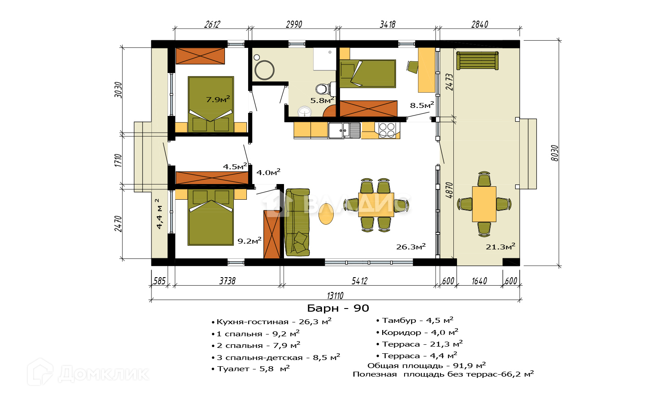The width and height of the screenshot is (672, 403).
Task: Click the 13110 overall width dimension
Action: tap(335, 296)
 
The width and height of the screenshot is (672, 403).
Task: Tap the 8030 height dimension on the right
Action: tap(555, 153)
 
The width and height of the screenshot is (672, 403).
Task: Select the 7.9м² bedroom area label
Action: tap(218, 99)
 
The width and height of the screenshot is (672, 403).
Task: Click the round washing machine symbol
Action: tap(264, 70)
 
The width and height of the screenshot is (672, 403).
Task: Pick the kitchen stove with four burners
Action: tap(387, 130)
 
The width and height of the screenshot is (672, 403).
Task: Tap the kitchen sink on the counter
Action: tap(344, 130)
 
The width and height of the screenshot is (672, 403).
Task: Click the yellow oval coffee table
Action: tap(326, 214)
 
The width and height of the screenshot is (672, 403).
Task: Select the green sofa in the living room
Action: tap(297, 222)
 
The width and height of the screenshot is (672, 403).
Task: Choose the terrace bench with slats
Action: tap(477, 60)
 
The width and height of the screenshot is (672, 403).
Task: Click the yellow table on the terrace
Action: tap(484, 204)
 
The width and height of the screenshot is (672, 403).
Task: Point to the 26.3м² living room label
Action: tap(411, 246)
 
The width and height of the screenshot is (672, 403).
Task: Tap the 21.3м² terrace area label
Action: tap(500, 246)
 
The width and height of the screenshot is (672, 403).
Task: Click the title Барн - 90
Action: tap(338, 308)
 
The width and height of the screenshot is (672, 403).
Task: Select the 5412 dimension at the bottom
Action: tap(359, 281)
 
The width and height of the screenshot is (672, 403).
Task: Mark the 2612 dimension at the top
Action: tap(212, 24)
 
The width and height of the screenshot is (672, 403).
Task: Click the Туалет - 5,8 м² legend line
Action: tap(251, 369)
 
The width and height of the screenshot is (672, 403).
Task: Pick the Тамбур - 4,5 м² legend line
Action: tap(415, 320)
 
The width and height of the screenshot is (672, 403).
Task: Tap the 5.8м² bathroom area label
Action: tap(322, 100)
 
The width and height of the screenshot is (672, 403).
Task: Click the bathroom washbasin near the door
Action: tap(305, 112)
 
